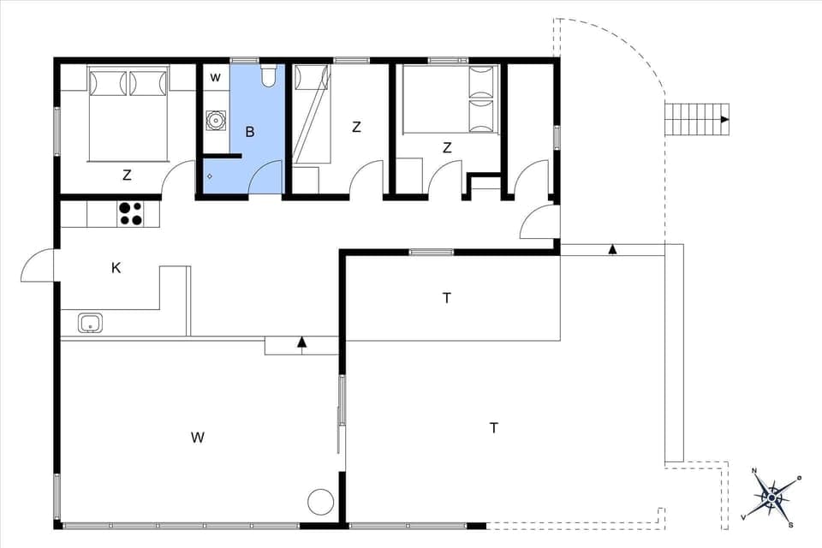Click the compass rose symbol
(x=772, y=497)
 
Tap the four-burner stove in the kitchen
(x=129, y=213)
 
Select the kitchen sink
(x=90, y=323)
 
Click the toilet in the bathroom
(x=268, y=77)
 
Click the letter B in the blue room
(x=250, y=132)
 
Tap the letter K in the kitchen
(x=116, y=268)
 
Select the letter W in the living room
(x=198, y=438)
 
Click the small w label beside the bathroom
(x=216, y=78)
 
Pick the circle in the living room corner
(x=321, y=501)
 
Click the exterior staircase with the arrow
(x=697, y=120)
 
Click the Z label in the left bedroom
(x=127, y=176)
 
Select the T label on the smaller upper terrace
(x=446, y=298)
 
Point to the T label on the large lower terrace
(x=494, y=427)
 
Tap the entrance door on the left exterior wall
(x=39, y=265)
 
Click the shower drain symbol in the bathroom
(x=210, y=176)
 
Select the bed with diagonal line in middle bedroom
(x=312, y=116)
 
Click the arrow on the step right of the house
(x=612, y=249)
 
